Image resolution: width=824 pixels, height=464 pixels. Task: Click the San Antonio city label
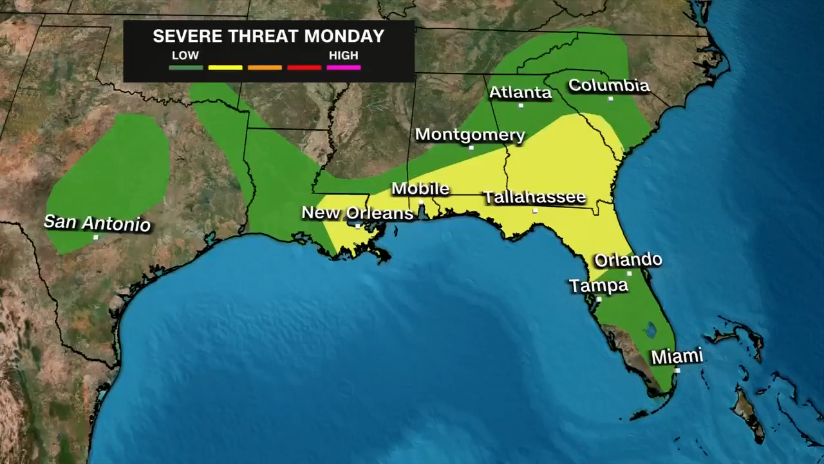[x=97, y=223]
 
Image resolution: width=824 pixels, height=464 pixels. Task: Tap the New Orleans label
[x=357, y=213]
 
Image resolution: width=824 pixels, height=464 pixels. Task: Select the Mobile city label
[x=420, y=189]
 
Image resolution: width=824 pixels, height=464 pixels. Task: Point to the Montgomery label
[x=470, y=135]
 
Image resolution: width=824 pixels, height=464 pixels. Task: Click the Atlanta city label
[x=520, y=93]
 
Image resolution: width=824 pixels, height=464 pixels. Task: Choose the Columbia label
[x=608, y=85]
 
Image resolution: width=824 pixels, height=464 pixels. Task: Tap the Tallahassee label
[x=535, y=197]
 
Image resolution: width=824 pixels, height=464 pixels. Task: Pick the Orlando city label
[x=628, y=260]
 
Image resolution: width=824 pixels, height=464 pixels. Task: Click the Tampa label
[x=599, y=285]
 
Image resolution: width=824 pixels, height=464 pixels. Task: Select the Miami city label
[x=677, y=356]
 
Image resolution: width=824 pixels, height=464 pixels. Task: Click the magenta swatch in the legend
[x=344, y=68]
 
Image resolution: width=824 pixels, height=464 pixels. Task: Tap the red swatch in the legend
[x=304, y=68]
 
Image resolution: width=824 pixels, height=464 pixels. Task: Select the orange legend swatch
[x=265, y=68]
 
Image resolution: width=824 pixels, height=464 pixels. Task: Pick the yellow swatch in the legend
[x=225, y=68]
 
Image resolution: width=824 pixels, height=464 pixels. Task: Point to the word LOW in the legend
[x=185, y=55]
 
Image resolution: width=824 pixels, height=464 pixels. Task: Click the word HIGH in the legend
[x=344, y=55]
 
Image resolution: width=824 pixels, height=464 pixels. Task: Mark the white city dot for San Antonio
[x=96, y=237]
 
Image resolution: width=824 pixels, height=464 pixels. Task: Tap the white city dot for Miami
[x=677, y=371]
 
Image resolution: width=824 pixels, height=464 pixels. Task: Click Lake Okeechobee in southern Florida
[x=650, y=330]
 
